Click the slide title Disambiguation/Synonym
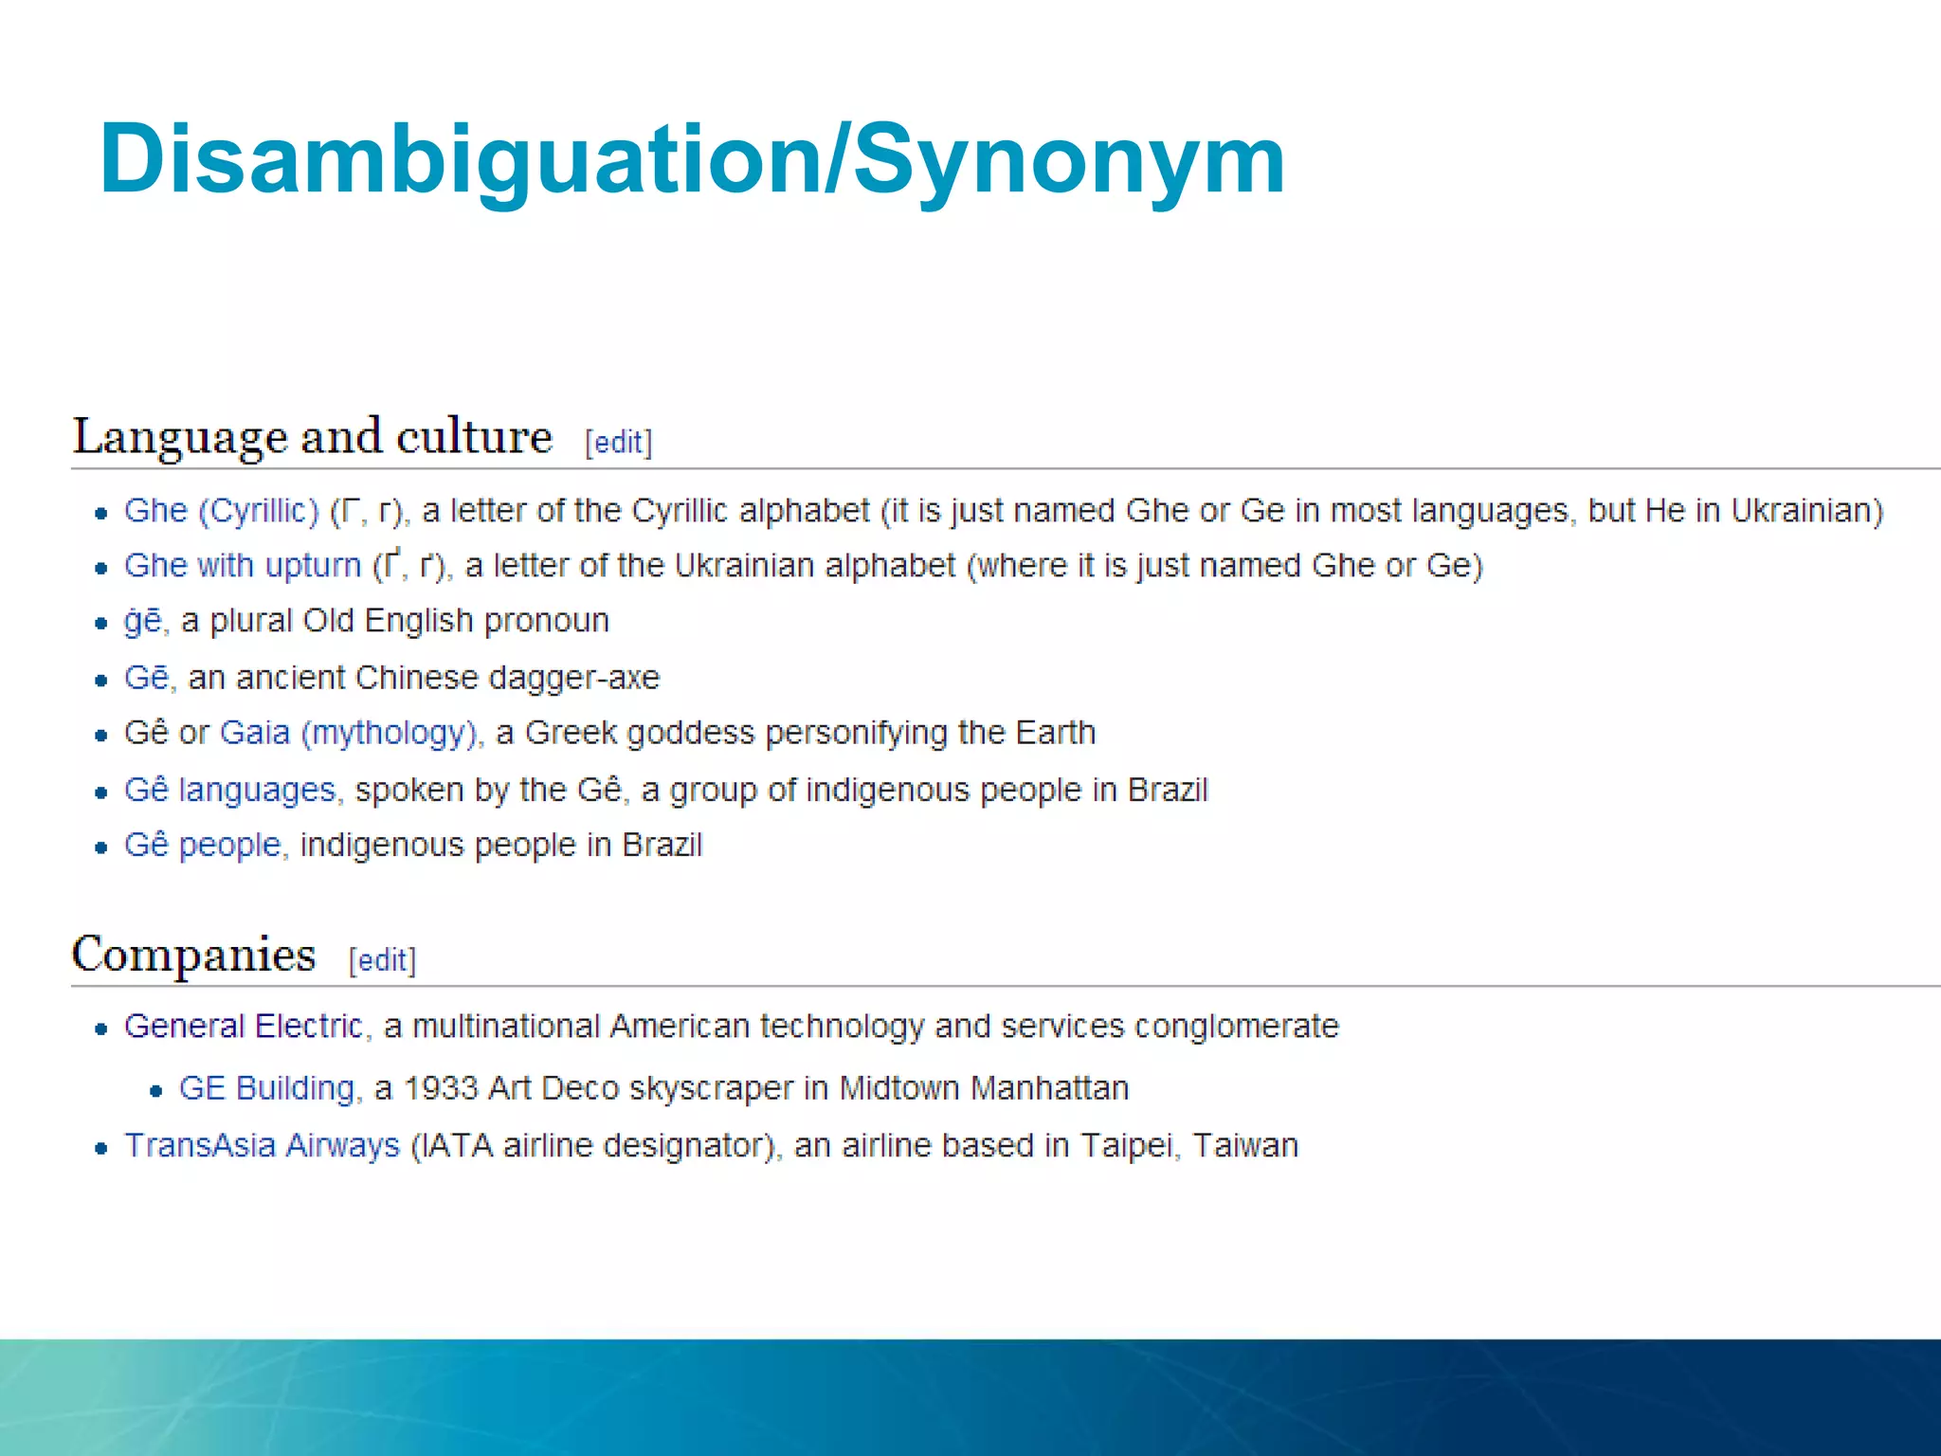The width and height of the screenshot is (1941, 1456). point(692,161)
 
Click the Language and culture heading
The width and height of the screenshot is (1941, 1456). point(313,438)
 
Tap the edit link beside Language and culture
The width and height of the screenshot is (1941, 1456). point(619,443)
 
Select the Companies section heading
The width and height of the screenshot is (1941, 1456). point(193,955)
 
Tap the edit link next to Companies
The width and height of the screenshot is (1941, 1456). point(382,960)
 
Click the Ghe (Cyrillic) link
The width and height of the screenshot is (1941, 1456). point(222,511)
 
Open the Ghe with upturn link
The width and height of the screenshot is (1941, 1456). point(243,566)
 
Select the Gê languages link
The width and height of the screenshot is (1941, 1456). point(230,790)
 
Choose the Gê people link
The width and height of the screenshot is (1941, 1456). point(203,845)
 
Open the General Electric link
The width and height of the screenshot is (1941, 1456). point(244,1026)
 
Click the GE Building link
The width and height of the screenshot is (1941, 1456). point(267,1088)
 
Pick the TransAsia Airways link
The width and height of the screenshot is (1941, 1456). point(263,1145)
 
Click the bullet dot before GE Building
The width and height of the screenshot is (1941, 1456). point(156,1091)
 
